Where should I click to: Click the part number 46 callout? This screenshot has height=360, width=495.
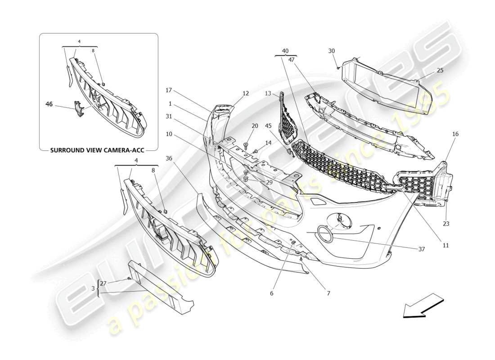49,104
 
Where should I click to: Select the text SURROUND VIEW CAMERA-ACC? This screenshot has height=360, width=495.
97,150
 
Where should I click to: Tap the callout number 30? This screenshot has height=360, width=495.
332,51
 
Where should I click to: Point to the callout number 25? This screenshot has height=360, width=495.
440,71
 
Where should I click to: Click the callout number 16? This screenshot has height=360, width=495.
455,134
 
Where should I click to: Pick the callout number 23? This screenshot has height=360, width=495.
446,223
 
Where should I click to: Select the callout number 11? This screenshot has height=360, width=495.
445,245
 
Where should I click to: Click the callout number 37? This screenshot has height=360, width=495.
421,249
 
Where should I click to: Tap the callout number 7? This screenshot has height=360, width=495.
328,293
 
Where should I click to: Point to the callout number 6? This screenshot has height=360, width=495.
271,293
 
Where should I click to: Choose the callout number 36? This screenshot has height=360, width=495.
169,158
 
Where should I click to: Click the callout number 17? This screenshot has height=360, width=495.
169,90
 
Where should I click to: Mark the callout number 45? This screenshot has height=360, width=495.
268,126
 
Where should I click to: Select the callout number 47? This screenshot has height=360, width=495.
292,59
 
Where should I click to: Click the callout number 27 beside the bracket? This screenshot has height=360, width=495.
103,283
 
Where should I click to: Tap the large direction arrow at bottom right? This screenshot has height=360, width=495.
423,306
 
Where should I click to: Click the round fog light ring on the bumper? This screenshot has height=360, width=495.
325,234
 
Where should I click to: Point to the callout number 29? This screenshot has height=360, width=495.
269,182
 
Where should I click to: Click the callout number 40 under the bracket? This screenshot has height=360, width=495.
285,51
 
